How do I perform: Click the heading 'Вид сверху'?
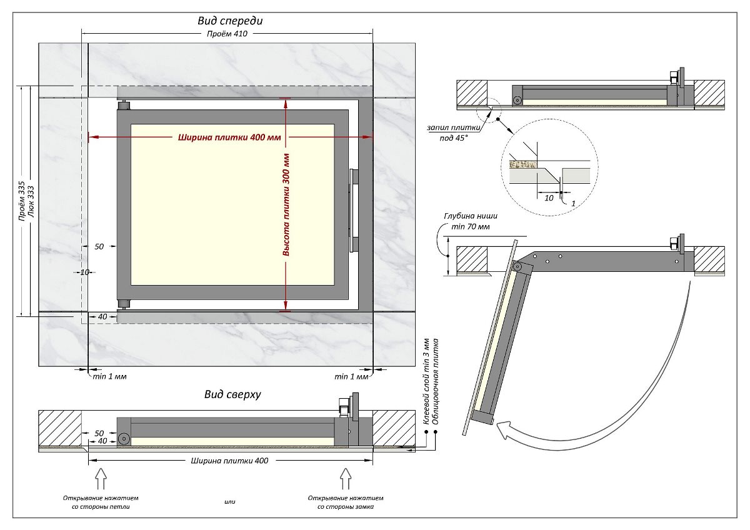tap(232, 394)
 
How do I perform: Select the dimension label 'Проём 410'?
tap(227, 34)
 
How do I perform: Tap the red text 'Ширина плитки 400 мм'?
tap(229, 137)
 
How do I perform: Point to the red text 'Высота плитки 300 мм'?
tap(286, 204)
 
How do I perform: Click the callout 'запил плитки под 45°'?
tap(454, 132)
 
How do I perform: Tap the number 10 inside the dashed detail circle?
tap(549, 197)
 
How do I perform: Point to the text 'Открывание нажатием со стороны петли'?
tap(101, 502)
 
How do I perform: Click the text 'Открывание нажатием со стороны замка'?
tap(346, 502)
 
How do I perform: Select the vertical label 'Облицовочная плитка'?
tap(436, 381)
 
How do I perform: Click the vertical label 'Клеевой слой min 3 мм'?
tap(427, 381)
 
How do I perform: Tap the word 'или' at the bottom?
tap(229, 501)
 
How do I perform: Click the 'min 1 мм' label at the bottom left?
tap(110, 376)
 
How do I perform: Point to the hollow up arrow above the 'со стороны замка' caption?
tap(346, 479)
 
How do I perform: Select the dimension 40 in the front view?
tap(102, 317)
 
